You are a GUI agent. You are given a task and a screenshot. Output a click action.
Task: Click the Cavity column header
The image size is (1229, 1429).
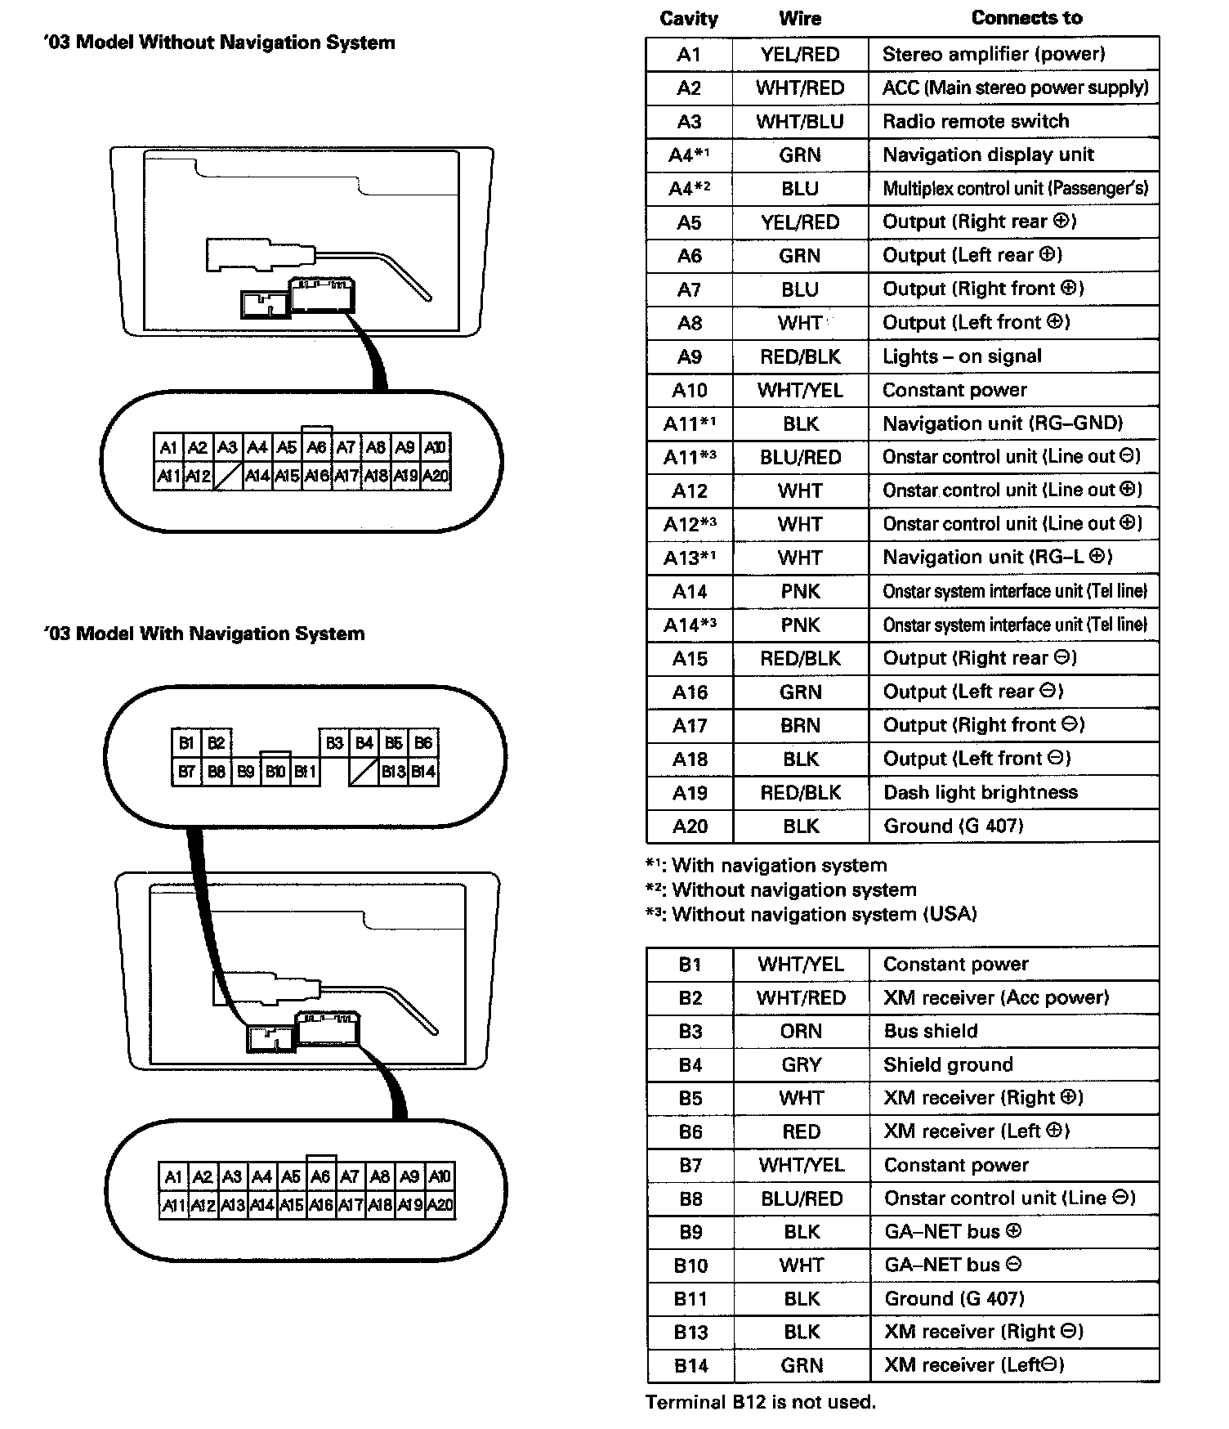coord(688,19)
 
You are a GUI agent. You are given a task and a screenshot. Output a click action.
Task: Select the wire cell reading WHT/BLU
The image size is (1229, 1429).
coord(799,122)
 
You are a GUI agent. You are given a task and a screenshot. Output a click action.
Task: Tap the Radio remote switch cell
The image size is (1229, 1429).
coord(976,122)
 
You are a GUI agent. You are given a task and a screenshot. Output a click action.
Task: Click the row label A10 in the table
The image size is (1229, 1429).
coord(689,390)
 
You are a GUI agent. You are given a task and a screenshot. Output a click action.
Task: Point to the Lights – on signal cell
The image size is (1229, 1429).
coord(962,356)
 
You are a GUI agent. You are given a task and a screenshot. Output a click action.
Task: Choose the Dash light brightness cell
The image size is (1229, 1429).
coord(981,792)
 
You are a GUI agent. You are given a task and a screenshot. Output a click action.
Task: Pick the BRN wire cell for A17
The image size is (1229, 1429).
coord(800,725)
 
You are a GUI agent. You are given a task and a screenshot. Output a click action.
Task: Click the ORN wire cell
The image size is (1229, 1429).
coord(800,1031)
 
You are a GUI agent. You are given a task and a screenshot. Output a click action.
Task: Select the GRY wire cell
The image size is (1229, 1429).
coord(800,1064)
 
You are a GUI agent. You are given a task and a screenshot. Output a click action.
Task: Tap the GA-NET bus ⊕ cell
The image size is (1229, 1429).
coord(953,1231)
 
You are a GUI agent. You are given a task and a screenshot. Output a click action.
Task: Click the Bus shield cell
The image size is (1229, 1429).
coord(931,1031)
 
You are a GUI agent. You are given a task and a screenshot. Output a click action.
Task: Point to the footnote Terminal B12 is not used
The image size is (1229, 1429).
coord(760,1402)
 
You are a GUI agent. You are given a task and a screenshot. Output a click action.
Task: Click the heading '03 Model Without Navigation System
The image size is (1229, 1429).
coord(219,43)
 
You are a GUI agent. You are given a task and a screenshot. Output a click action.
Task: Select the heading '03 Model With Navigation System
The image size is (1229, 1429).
coord(204,634)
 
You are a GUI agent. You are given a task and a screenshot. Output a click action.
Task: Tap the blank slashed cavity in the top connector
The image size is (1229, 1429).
coord(227,476)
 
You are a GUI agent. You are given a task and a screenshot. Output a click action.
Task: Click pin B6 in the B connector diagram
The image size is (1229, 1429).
coord(423,742)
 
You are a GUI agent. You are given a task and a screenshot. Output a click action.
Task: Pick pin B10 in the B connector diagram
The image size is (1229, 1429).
coord(275,771)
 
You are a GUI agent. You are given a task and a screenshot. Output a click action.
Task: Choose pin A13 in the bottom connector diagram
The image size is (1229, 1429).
coord(232,1204)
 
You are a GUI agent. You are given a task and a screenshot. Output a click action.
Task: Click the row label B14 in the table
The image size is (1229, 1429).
coord(690,1365)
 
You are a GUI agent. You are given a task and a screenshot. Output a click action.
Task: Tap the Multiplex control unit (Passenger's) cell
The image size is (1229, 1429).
coord(1015,189)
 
